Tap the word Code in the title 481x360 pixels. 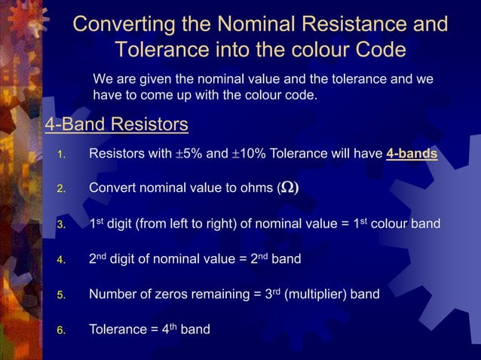coord(379,50)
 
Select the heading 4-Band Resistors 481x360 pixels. coord(116,124)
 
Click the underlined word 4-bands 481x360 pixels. coord(412,154)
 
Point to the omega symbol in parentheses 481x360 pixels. coord(289,188)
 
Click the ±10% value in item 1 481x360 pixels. coord(249,154)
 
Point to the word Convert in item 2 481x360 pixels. coord(113,188)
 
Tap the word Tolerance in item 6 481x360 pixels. coord(119,329)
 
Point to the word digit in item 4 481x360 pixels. coord(125,259)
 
